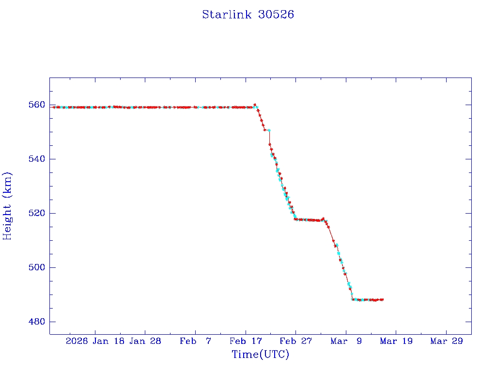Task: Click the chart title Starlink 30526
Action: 248,15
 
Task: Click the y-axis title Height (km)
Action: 7,206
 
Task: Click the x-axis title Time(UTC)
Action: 260,355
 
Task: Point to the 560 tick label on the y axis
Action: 36,105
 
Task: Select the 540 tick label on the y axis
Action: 36,159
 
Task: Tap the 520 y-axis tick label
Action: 36,213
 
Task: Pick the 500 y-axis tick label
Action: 36,267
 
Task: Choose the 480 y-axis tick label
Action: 36,322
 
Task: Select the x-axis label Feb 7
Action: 195,341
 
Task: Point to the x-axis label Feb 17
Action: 246,341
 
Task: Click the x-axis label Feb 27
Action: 295,341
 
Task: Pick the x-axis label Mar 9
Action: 346,341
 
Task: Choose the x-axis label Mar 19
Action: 396,341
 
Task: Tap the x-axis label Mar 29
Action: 446,341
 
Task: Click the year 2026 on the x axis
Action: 77,341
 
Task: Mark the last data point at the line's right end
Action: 383,300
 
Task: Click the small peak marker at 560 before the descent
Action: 255,105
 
